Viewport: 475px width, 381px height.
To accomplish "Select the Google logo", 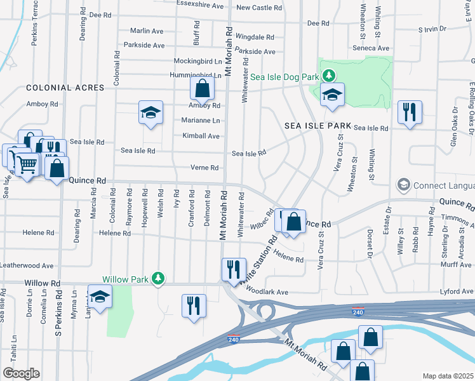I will (21, 373).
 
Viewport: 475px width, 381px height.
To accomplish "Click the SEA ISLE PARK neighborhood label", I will (313, 126).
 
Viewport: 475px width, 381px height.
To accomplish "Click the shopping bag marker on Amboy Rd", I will (202, 90).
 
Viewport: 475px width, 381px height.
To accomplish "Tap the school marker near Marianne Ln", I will (151, 112).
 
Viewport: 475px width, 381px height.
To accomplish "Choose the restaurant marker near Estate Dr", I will (410, 112).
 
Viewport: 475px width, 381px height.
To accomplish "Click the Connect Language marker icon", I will (403, 185).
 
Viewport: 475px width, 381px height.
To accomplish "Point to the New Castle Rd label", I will (258, 8).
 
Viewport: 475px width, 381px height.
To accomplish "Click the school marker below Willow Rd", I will (100, 298).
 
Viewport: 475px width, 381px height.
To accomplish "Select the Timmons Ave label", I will (457, 217).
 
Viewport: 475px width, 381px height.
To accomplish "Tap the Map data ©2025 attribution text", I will (448, 376).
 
